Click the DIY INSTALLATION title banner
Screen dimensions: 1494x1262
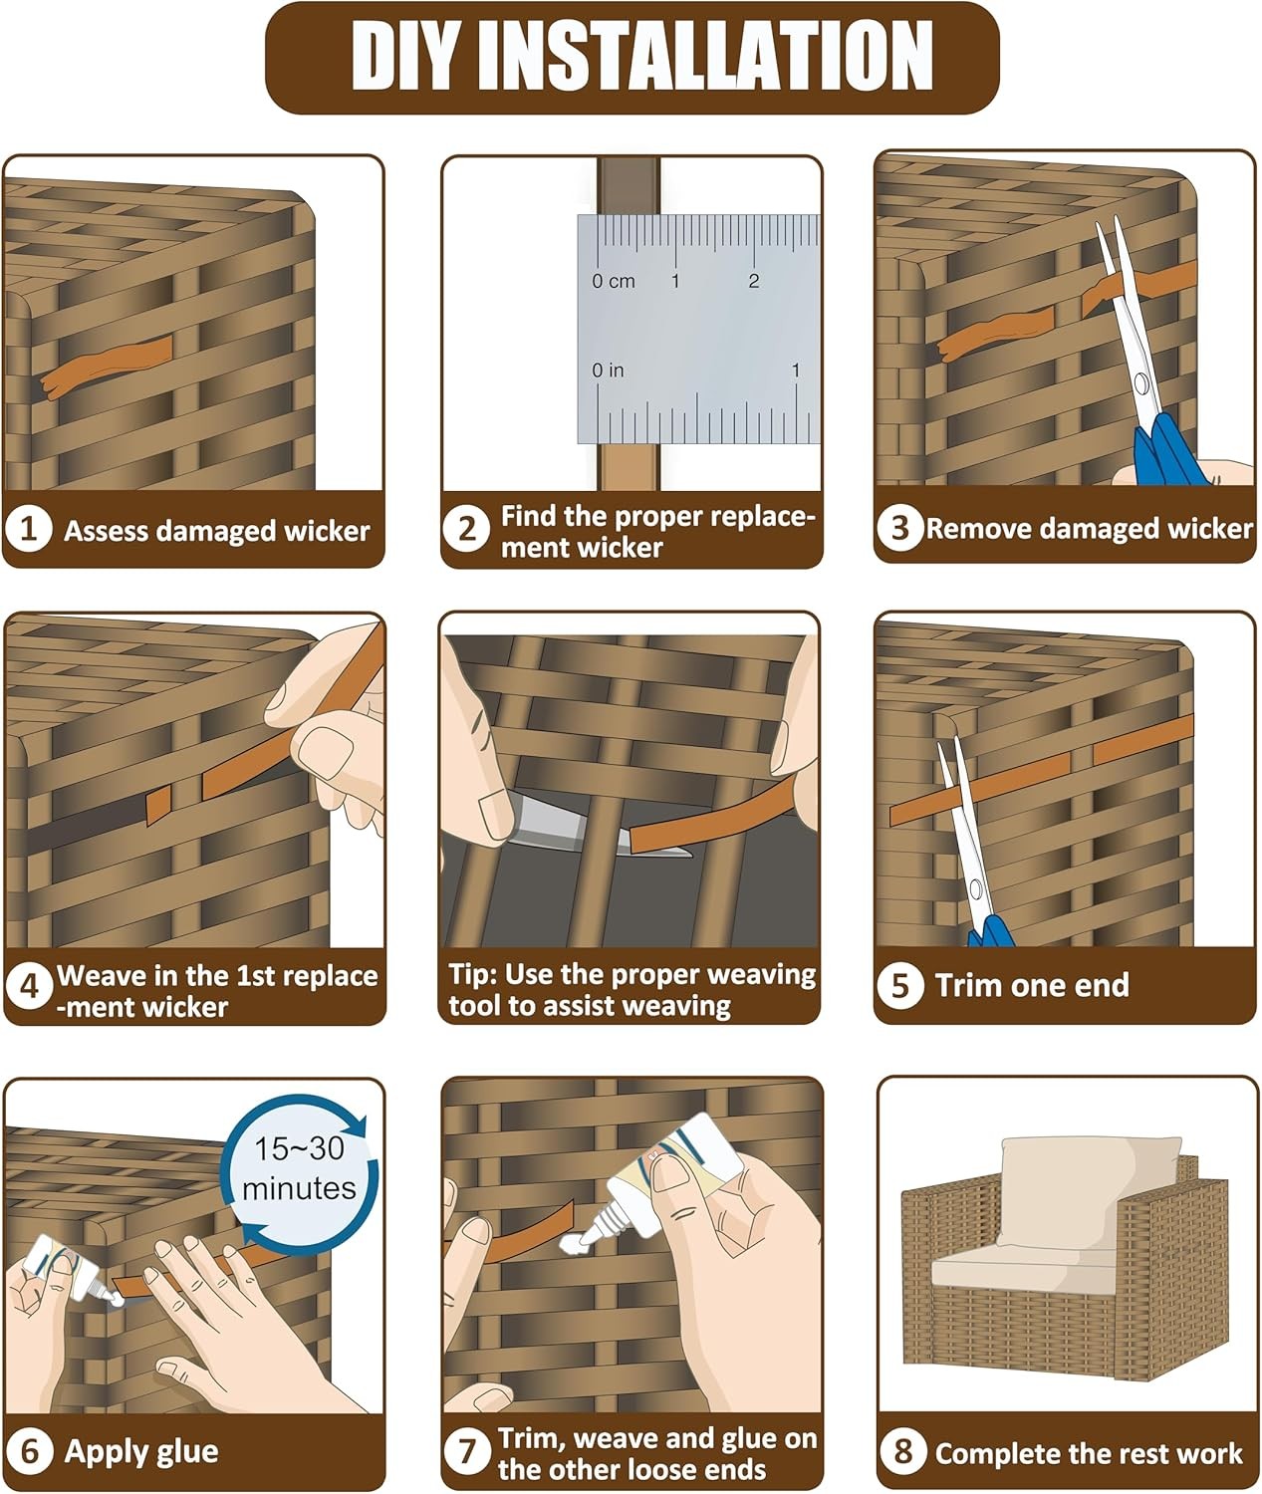pos(631,57)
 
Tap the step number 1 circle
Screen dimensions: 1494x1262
pos(28,529)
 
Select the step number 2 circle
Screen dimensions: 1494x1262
pos(467,530)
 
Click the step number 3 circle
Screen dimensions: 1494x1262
pos(899,528)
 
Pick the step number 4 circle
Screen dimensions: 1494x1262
pos(29,987)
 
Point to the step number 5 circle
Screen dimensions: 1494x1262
pos(900,985)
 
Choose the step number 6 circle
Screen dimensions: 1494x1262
pos(30,1450)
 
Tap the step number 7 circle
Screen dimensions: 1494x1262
pos(468,1452)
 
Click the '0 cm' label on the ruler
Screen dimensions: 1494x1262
pos(614,282)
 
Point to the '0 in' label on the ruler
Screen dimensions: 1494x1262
pos(608,371)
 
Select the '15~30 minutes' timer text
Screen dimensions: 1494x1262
pos(299,1168)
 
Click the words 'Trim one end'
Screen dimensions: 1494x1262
pos(1032,985)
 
